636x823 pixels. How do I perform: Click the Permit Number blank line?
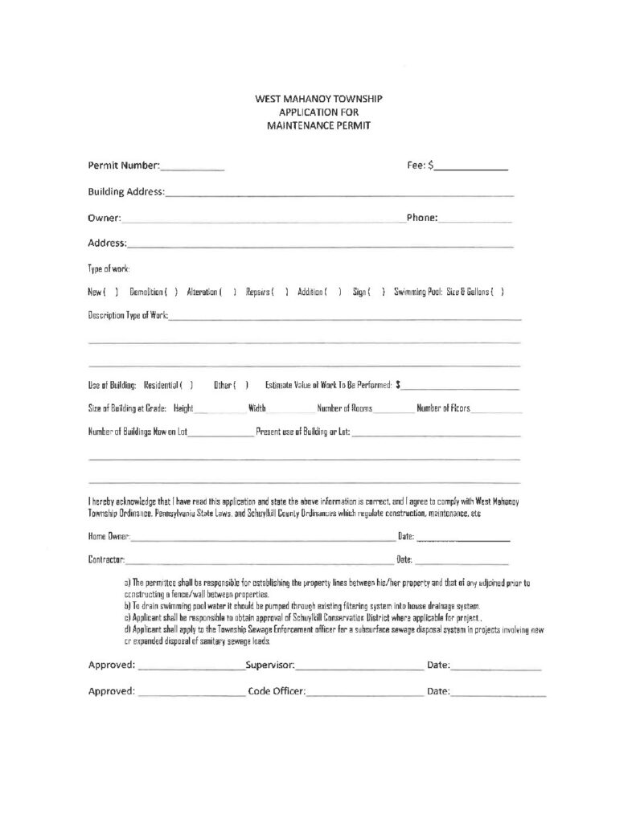tap(192, 169)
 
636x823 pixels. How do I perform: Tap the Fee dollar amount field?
tap(472, 169)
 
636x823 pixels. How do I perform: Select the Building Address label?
tap(126, 191)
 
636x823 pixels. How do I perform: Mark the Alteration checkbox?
tap(228, 291)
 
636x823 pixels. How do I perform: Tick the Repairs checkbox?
tap(281, 291)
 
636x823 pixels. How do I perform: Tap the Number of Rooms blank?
tap(392, 411)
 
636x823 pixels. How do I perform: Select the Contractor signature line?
tap(257, 559)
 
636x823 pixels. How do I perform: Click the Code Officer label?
tap(277, 691)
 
